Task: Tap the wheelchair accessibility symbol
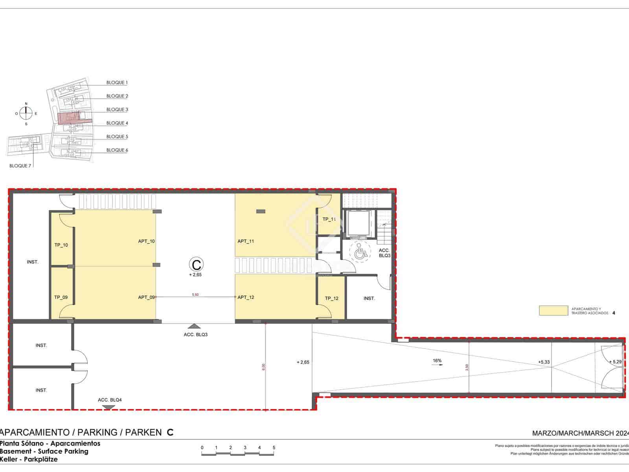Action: pyautogui.click(x=359, y=252)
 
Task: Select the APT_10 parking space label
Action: pyautogui.click(x=146, y=241)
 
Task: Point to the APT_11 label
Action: pyautogui.click(x=246, y=241)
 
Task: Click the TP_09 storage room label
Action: pyautogui.click(x=61, y=297)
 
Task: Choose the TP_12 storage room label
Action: pyautogui.click(x=332, y=298)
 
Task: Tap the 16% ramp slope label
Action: pyautogui.click(x=437, y=360)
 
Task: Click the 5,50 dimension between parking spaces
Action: pyautogui.click(x=195, y=294)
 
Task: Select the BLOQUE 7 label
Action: pyautogui.click(x=20, y=166)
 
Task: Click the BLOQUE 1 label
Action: pyautogui.click(x=117, y=83)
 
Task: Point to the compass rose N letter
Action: pyautogui.click(x=26, y=103)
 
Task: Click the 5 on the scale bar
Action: pyautogui.click(x=274, y=448)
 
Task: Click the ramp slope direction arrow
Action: pyautogui.click(x=437, y=365)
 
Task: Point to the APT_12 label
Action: pyautogui.click(x=246, y=297)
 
